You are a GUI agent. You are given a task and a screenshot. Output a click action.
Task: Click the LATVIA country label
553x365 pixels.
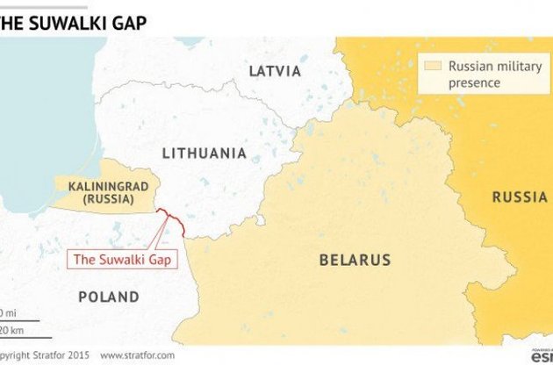(274, 71)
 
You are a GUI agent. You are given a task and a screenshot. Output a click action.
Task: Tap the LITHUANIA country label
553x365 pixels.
(204, 153)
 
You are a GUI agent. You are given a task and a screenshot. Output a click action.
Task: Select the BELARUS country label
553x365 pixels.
(355, 260)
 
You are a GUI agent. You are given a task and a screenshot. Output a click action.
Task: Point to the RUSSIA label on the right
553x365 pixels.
(519, 197)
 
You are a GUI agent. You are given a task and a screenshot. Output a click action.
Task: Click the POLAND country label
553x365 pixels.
(108, 297)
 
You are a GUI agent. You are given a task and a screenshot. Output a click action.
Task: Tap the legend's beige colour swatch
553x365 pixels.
(431, 66)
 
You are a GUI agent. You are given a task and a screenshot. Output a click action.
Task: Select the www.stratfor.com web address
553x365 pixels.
(137, 355)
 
